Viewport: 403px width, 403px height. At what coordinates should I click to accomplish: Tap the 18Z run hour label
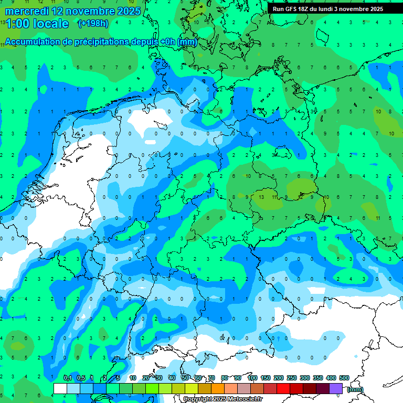point(304,9)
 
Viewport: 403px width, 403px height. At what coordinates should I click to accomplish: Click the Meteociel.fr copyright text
point(223,399)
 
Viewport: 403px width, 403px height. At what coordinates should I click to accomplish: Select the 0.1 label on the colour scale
point(67,378)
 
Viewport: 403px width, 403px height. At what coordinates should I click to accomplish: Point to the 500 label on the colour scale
point(344,378)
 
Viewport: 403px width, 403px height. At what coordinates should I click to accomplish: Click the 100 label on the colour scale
point(252,378)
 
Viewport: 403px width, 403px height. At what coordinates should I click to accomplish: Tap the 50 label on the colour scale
point(185,378)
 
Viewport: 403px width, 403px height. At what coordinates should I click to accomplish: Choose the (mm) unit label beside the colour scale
point(355,389)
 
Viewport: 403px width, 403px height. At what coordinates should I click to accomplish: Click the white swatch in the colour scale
point(60,388)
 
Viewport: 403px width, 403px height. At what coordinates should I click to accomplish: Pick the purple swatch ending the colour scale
point(336,388)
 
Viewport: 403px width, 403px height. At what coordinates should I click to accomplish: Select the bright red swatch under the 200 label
point(283,388)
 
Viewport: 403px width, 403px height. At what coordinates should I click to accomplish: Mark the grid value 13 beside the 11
point(261,196)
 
